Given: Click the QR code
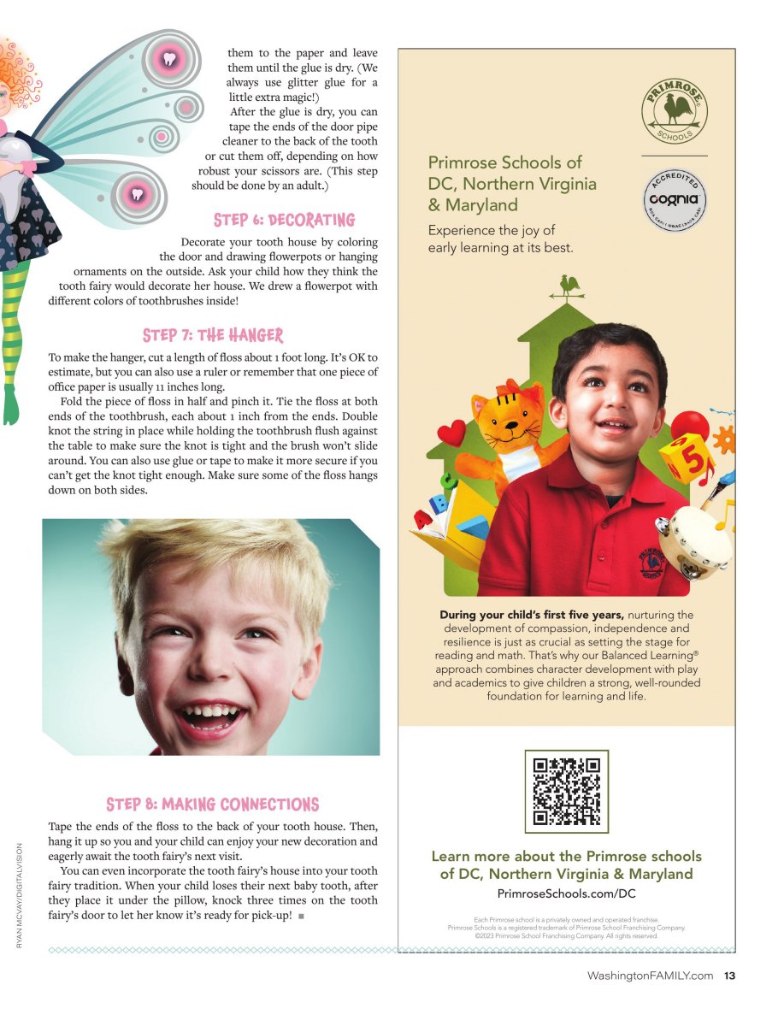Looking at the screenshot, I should pos(566,791).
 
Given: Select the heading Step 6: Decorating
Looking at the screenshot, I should pos(284,221).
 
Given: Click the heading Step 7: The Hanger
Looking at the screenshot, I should pos(213,335).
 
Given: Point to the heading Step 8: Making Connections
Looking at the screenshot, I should pos(212,805).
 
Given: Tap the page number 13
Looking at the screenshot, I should pos(729,976).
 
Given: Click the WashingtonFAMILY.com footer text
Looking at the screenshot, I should pos(650,976).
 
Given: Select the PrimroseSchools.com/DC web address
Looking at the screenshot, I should pos(566,893).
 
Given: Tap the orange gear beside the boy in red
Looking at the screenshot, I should pos(723,439).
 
